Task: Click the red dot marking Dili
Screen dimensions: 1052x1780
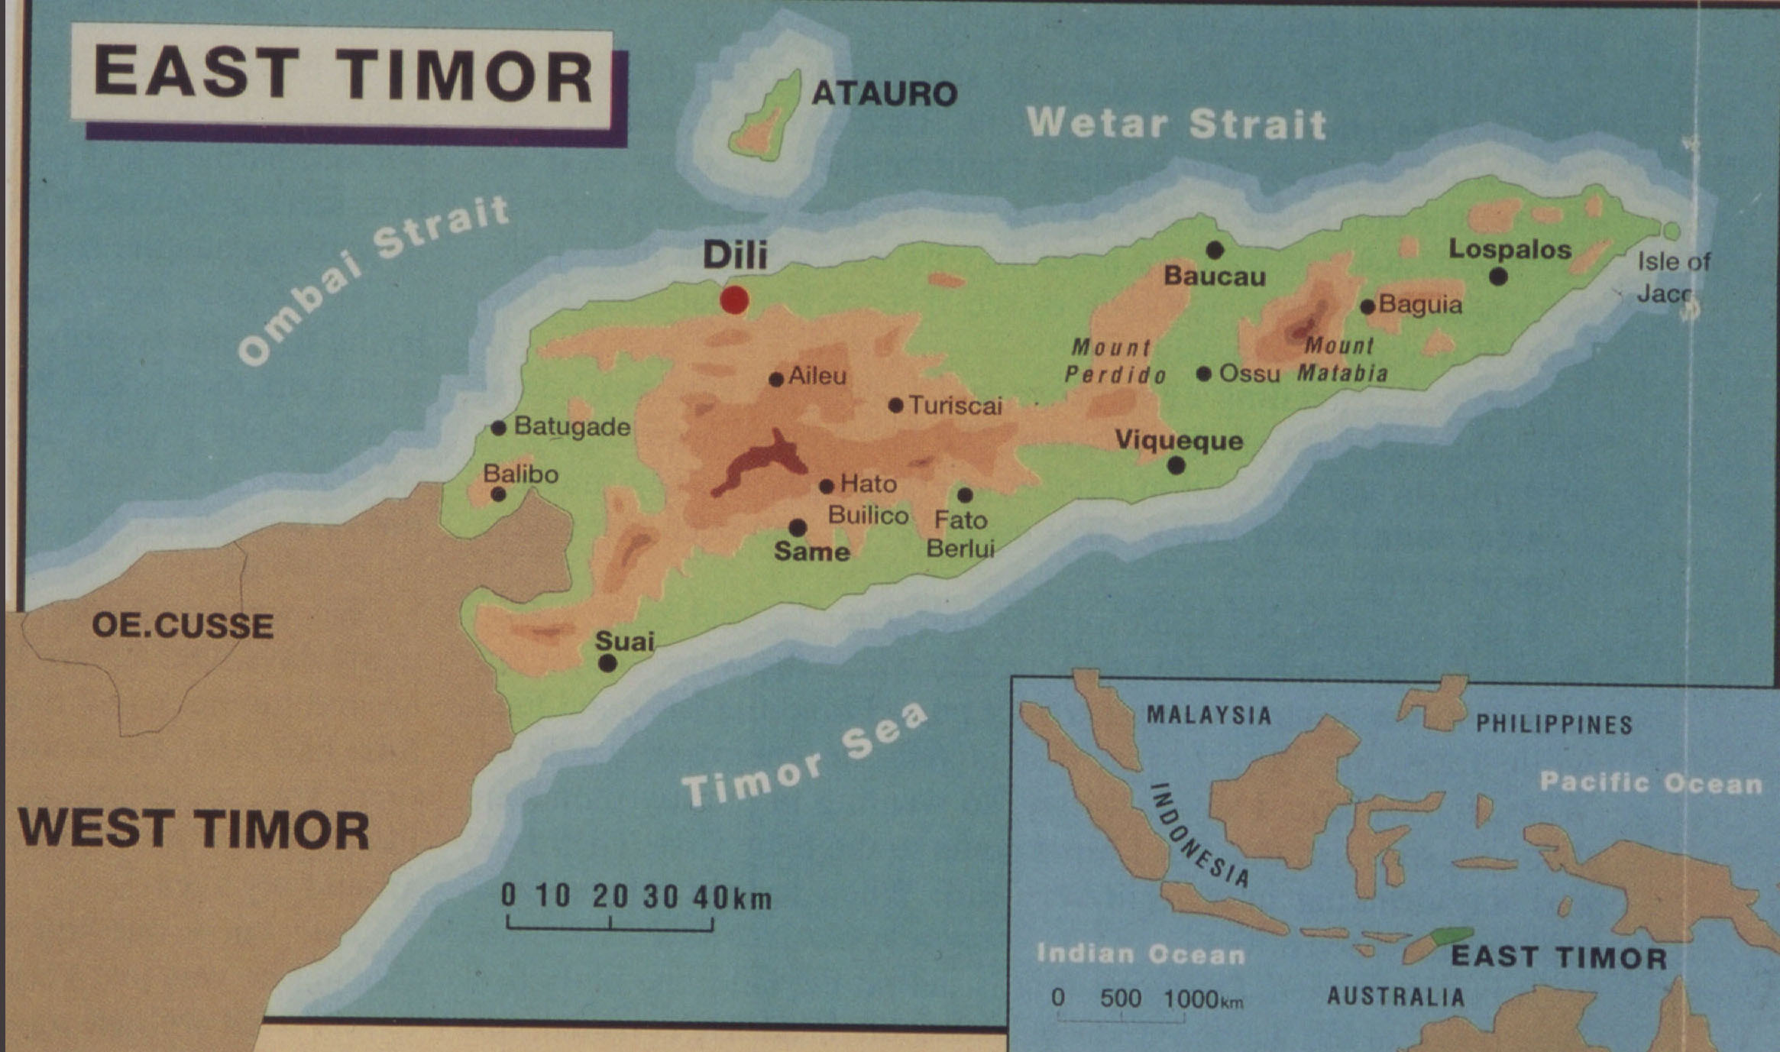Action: coord(734,299)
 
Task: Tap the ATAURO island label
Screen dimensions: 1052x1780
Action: coord(884,94)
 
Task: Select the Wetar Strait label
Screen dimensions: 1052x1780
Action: coord(1176,124)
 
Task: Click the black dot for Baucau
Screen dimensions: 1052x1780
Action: coord(1215,250)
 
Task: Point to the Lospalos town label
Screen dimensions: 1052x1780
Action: coord(1510,249)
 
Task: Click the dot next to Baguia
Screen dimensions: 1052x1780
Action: coord(1367,307)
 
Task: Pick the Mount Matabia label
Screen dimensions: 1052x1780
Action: coord(1341,359)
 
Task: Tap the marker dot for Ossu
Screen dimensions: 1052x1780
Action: coord(1204,374)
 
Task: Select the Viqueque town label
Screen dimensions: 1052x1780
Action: coord(1178,440)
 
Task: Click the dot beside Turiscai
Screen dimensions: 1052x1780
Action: coord(896,405)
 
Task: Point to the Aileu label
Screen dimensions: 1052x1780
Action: coord(817,376)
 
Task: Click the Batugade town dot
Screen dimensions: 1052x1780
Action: coord(499,428)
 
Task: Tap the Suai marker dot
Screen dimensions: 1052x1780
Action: coord(607,663)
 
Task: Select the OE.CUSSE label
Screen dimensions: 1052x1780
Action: coord(183,626)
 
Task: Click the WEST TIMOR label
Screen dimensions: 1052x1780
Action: coord(194,830)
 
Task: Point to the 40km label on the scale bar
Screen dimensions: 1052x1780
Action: coord(732,897)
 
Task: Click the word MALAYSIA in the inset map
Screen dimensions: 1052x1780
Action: coord(1209,715)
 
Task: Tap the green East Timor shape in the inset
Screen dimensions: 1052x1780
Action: coord(1451,935)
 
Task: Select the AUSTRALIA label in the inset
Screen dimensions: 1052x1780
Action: coord(1396,996)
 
